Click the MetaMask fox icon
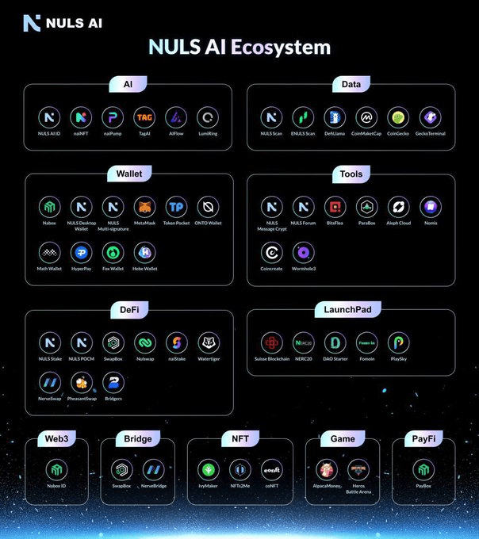pyautogui.click(x=144, y=208)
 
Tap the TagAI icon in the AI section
pyautogui.click(x=144, y=117)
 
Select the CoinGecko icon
pyautogui.click(x=398, y=117)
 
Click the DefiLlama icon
pyautogui.click(x=335, y=117)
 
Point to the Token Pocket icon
pyautogui.click(x=176, y=208)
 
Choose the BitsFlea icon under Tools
pyautogui.click(x=335, y=208)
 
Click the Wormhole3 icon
pyautogui.click(x=303, y=253)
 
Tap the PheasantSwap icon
pyautogui.click(x=81, y=383)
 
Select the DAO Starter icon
pyautogui.click(x=335, y=342)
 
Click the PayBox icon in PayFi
pyautogui.click(x=423, y=469)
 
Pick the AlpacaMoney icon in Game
pyautogui.click(x=328, y=469)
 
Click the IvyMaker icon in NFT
pyautogui.click(x=209, y=469)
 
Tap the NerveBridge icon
pyautogui.click(x=153, y=469)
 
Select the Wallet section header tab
pyautogui.click(x=128, y=172)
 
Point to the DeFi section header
pyautogui.click(x=128, y=308)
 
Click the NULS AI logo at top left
pyautogui.click(x=63, y=22)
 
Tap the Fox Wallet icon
pyautogui.click(x=113, y=253)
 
